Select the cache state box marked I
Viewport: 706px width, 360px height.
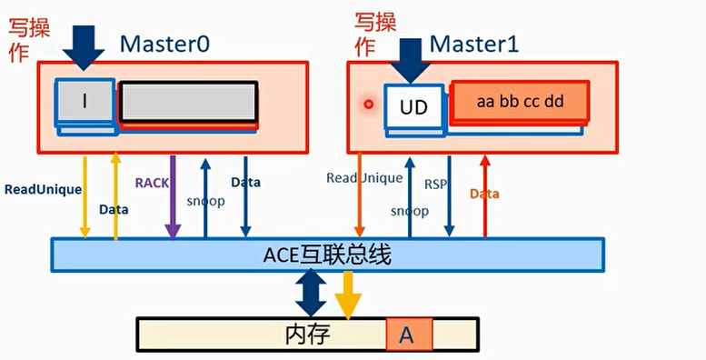coord(85,101)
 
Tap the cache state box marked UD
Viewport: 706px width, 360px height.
coord(413,105)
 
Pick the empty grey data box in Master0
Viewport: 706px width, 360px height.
coord(188,101)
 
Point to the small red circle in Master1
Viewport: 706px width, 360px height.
coord(368,104)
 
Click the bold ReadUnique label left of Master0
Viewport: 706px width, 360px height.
coord(43,190)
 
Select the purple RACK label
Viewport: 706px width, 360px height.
coord(152,183)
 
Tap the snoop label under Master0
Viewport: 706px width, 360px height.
coord(205,201)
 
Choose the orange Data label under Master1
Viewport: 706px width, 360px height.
coord(484,194)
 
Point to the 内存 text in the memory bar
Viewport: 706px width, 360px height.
coord(306,335)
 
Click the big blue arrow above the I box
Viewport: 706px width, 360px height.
coord(85,46)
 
